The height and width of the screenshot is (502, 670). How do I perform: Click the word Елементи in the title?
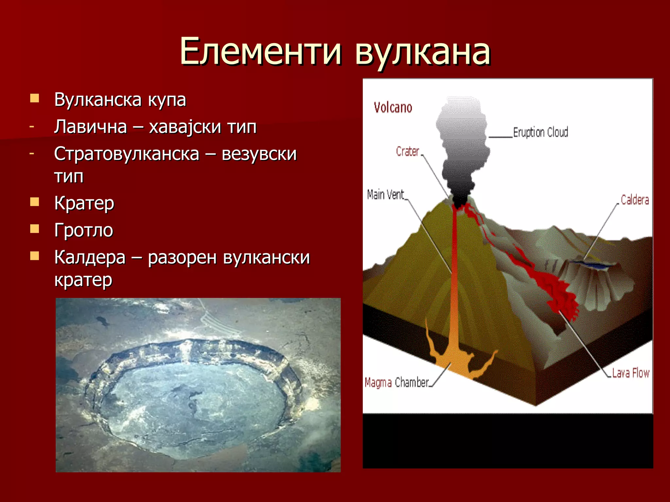261,51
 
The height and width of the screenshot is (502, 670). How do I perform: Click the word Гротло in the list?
84,230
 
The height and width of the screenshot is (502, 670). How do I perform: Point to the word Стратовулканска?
127,154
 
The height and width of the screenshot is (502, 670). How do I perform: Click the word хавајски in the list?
185,127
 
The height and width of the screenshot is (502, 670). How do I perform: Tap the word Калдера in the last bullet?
90,257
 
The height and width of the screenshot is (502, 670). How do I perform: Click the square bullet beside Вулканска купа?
34,98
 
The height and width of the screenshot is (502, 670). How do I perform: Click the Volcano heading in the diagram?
393,108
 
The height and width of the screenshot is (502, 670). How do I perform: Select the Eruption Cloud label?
540,132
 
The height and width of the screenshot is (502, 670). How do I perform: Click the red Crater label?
407,151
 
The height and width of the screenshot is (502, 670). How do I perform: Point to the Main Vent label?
385,194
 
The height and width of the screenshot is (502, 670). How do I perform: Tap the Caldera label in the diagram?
635,200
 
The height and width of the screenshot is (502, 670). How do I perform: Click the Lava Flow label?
630,373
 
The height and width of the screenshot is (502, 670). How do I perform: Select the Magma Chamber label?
397,382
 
